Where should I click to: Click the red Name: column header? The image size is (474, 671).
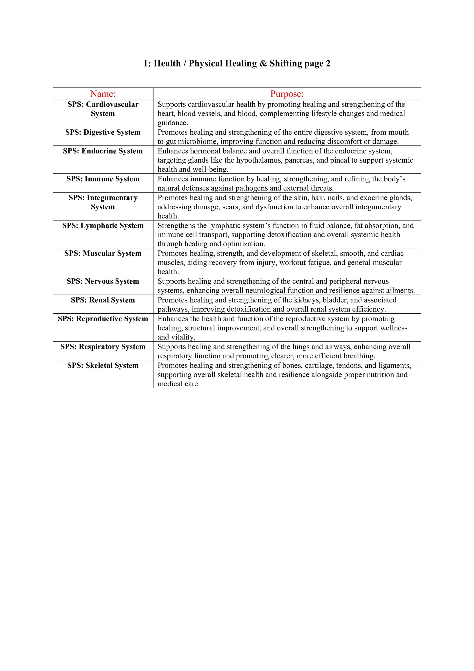(x=103, y=94)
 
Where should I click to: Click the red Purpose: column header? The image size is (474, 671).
(x=287, y=94)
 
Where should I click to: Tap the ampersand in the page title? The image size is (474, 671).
(x=263, y=64)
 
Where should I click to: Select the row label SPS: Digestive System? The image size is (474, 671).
(x=103, y=132)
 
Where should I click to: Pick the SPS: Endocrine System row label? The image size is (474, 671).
(x=103, y=151)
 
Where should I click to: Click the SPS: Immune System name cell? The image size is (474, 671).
(x=103, y=179)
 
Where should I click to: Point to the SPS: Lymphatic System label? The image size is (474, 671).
(x=103, y=226)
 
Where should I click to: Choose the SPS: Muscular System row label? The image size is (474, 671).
(x=103, y=253)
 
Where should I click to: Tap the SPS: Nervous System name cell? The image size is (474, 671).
(x=103, y=281)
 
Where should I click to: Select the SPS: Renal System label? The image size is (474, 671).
(x=103, y=300)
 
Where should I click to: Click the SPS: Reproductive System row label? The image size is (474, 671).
(x=103, y=319)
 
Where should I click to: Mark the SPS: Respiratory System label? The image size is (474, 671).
(x=103, y=347)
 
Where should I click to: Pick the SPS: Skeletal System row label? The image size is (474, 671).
(x=103, y=366)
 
